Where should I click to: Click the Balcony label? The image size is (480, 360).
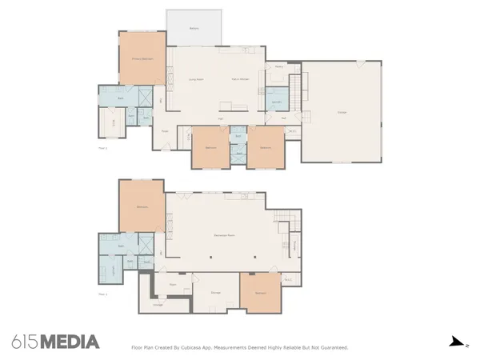[194, 29]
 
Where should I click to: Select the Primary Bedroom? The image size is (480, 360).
[142, 58]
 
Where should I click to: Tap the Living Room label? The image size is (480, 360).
[194, 79]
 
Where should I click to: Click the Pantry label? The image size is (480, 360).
[278, 66]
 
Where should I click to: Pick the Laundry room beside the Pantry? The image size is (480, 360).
[276, 102]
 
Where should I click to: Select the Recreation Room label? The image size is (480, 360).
[223, 235]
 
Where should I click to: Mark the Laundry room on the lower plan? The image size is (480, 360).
[106, 269]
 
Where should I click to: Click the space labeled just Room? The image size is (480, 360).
[173, 284]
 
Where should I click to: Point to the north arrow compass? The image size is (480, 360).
[456, 342]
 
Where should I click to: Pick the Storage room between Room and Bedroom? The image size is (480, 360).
[215, 292]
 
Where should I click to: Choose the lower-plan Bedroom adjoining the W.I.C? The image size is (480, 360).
[261, 294]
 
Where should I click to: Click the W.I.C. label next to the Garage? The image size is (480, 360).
[293, 131]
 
